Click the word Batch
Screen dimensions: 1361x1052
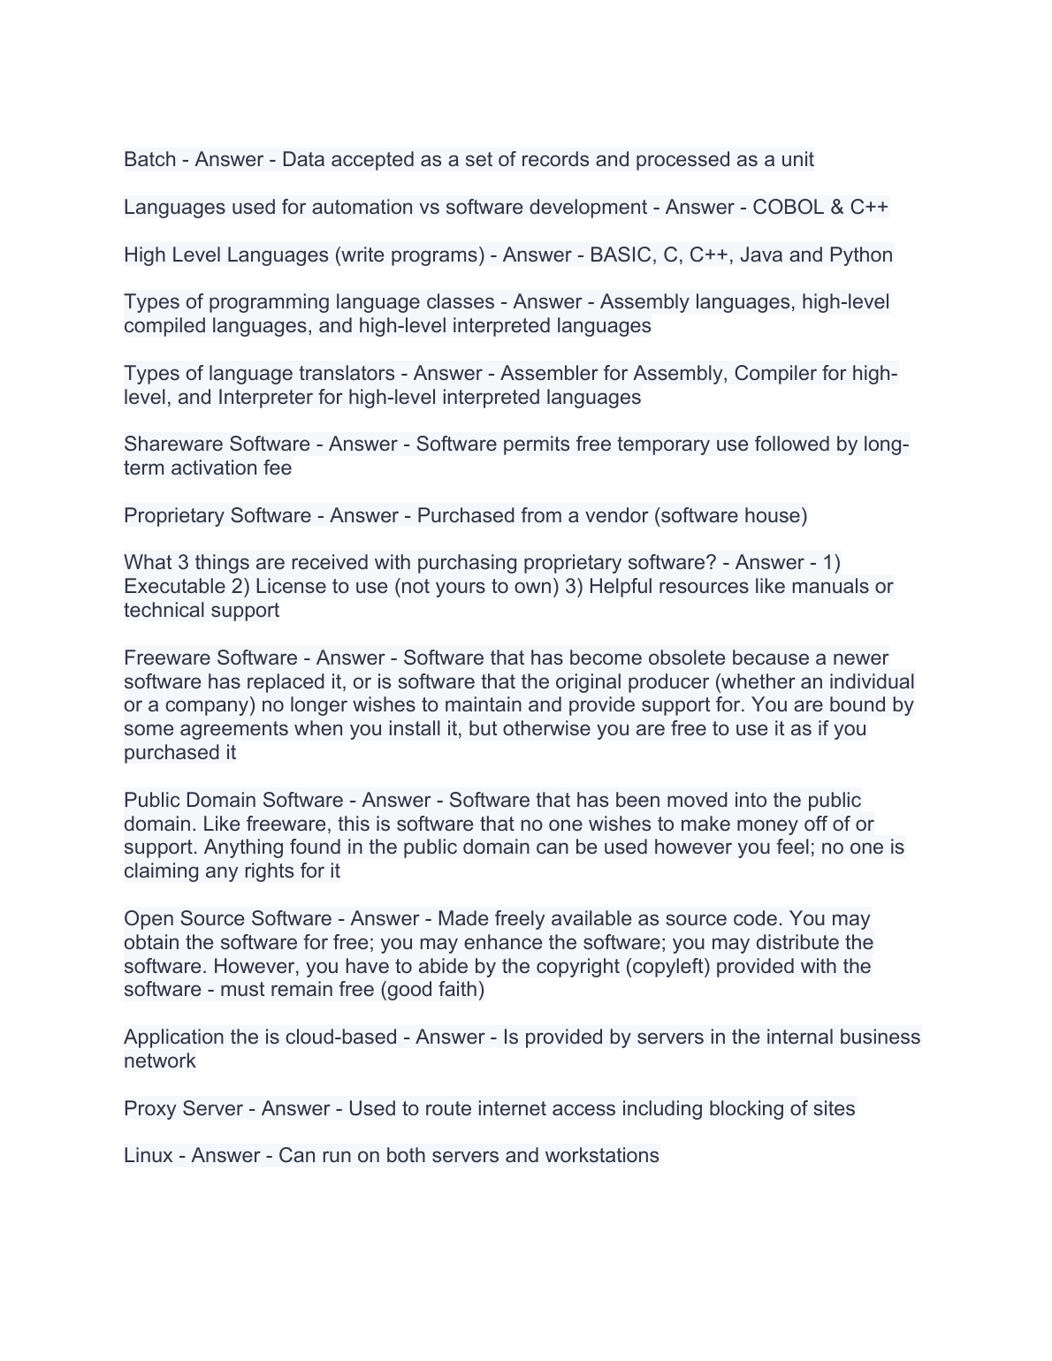149,160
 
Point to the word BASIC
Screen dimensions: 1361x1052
620,255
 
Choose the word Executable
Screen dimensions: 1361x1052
175,587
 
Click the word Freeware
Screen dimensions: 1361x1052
166,658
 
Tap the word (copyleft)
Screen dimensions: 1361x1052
667,966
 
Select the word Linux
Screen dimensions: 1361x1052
148,1156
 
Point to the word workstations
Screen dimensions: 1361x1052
601,1156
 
